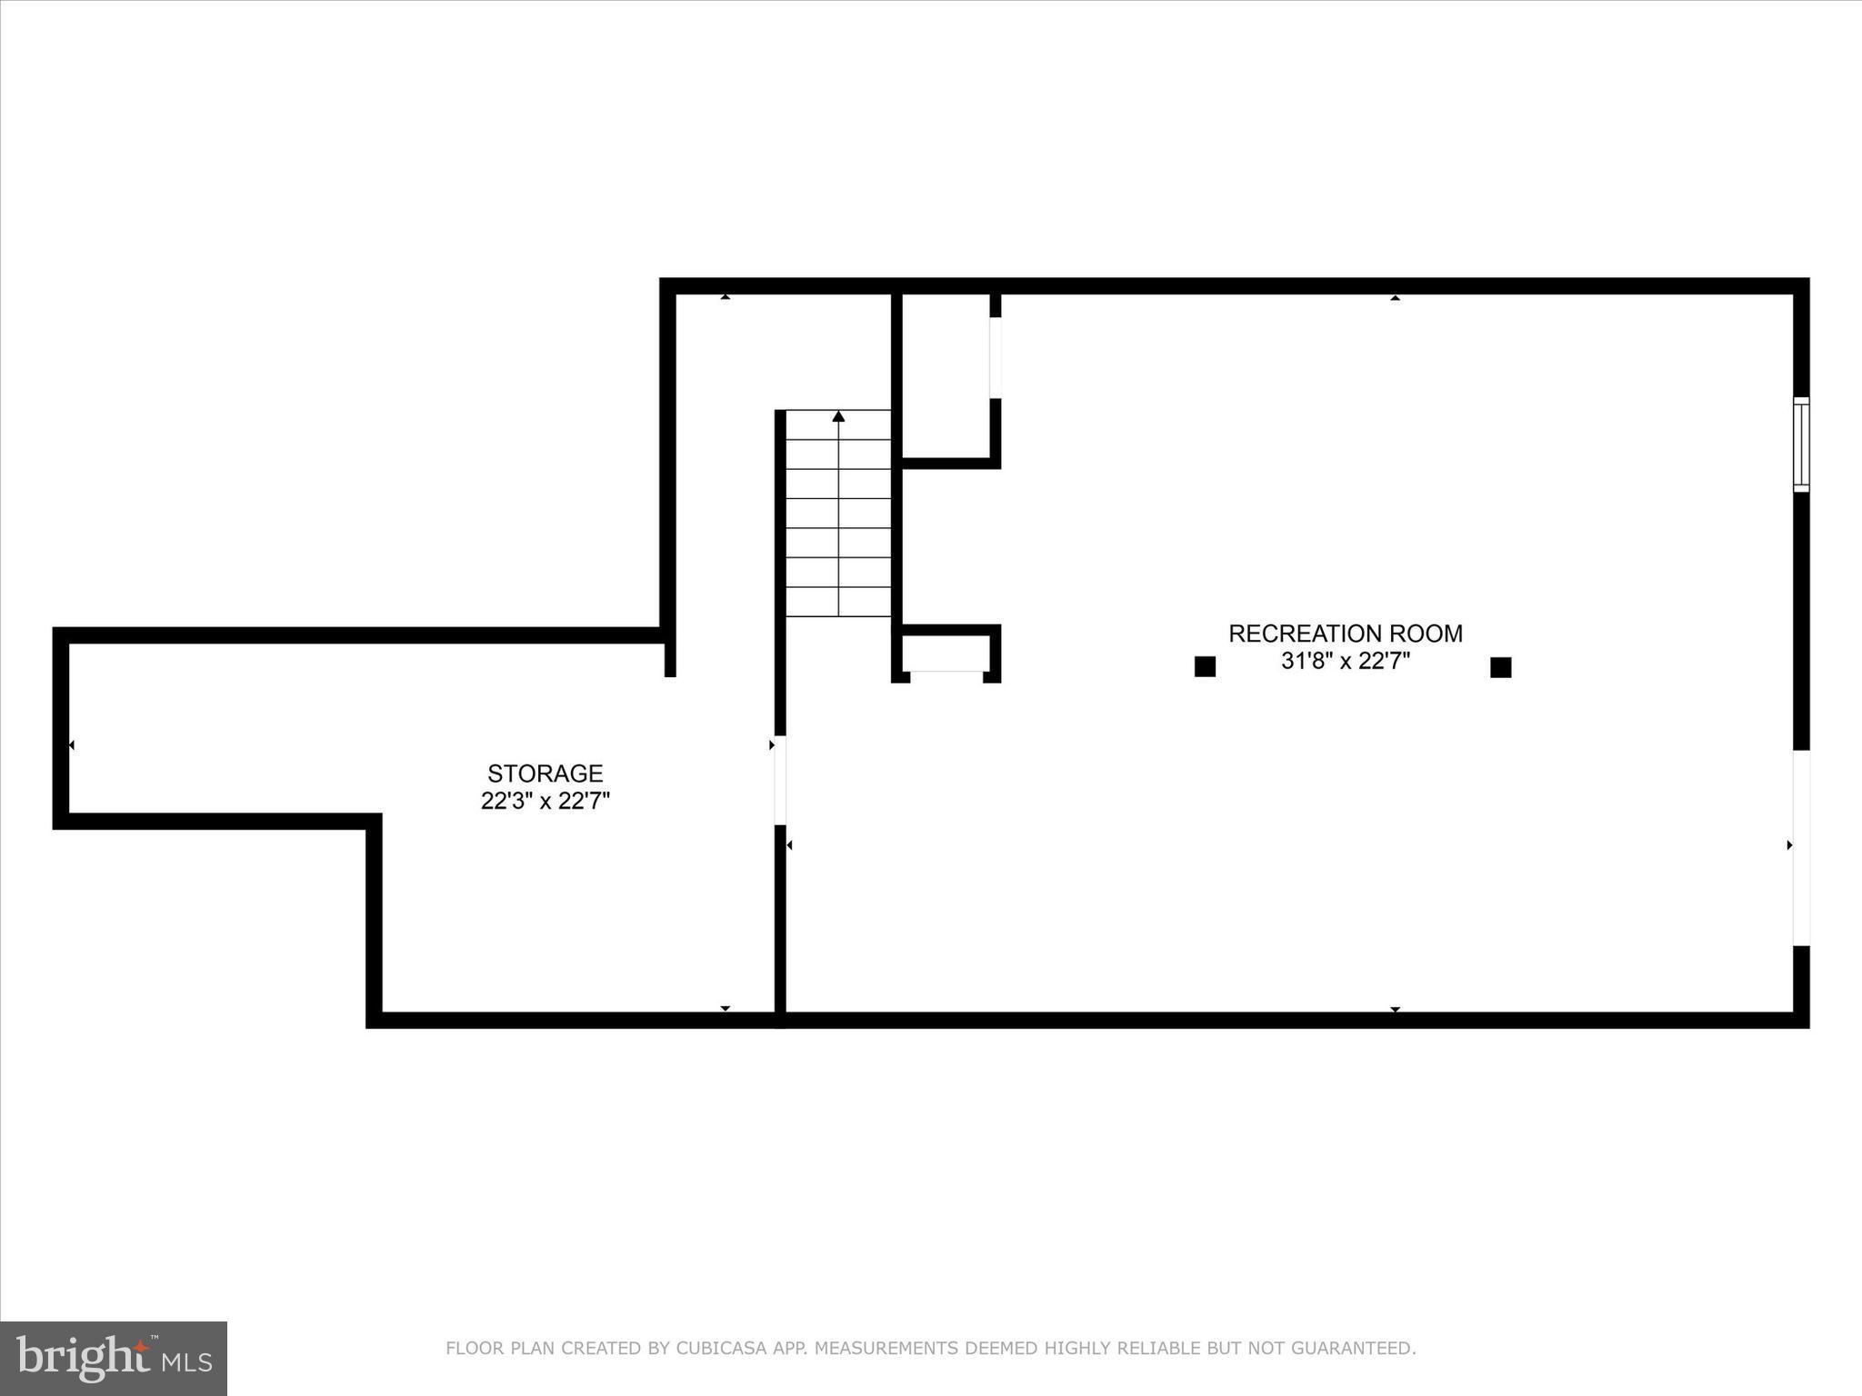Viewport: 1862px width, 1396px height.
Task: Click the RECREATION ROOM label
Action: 1345,633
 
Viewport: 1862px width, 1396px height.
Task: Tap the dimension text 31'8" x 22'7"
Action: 1345,662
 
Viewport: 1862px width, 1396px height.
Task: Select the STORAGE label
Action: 545,773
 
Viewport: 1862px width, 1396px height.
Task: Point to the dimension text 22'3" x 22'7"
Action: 545,802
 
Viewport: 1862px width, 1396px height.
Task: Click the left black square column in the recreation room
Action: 1205,666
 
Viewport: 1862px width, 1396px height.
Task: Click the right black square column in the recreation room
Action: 1500,667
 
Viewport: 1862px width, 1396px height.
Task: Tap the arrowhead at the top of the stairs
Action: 838,416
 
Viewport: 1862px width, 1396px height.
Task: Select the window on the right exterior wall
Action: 1800,444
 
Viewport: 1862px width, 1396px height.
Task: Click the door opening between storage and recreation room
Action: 780,780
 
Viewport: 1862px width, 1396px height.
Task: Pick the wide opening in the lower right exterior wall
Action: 1800,847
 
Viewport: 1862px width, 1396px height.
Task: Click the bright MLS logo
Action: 114,1358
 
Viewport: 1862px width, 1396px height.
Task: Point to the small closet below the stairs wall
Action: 946,653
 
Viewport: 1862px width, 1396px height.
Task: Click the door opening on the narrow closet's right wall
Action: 996,357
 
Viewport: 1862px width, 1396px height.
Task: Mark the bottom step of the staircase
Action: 838,602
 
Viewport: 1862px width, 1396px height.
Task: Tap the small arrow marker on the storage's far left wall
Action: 71,745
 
